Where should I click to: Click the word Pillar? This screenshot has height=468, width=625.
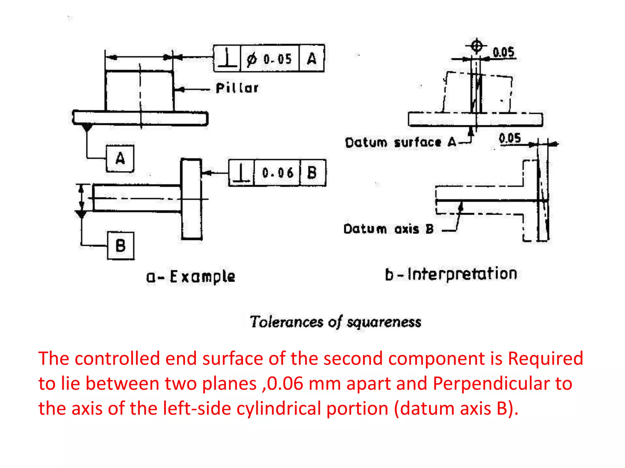tap(237, 88)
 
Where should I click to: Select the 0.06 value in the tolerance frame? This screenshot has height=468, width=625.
tap(277, 173)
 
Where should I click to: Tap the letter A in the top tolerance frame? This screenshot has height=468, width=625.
tap(312, 58)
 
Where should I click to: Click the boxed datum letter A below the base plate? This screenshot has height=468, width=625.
tap(120, 158)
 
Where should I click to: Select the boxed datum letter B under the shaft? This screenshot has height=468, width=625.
tap(121, 246)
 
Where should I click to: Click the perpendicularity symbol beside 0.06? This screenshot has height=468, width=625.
tap(241, 173)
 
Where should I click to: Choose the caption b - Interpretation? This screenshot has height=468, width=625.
tap(451, 274)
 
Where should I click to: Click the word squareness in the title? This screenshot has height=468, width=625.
tap(384, 322)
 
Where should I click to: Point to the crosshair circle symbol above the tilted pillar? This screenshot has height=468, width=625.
tap(476, 46)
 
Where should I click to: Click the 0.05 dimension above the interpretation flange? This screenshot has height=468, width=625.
tap(509, 138)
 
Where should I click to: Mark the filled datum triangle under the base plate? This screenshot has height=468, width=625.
tap(87, 127)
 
